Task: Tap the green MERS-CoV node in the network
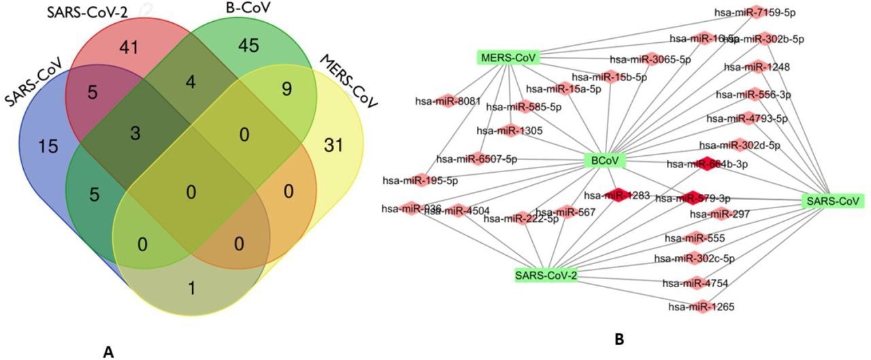[508, 56]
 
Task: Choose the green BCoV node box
[604, 161]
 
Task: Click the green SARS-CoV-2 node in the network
[546, 276]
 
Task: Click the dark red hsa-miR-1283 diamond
[617, 195]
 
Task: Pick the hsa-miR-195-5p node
[420, 180]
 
